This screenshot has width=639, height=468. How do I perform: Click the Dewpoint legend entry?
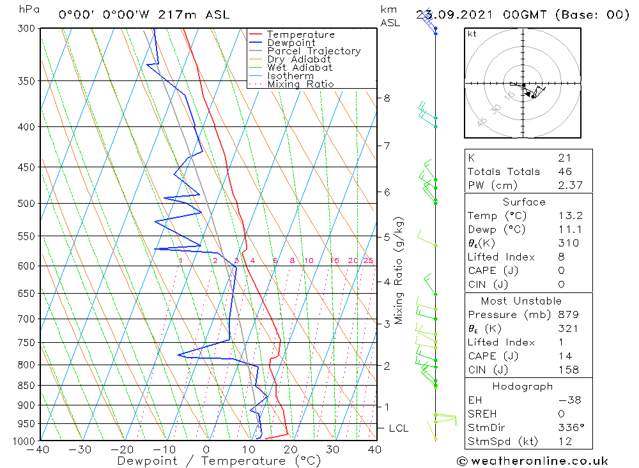[291, 43]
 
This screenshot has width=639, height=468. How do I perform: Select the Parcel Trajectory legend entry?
[313, 51]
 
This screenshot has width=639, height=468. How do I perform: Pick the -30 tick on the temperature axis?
[81, 450]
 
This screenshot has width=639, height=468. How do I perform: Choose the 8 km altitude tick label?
[387, 98]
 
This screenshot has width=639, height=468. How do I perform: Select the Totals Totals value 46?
[565, 171]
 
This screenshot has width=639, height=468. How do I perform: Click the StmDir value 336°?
[569, 428]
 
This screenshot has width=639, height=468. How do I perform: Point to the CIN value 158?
[567, 370]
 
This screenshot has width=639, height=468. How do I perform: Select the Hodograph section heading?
[523, 386]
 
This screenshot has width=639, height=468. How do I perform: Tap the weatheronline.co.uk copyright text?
[532, 461]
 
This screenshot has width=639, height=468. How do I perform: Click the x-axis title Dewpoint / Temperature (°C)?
[219, 461]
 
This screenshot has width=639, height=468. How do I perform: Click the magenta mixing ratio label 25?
[368, 260]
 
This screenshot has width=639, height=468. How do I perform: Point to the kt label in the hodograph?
[472, 34]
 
